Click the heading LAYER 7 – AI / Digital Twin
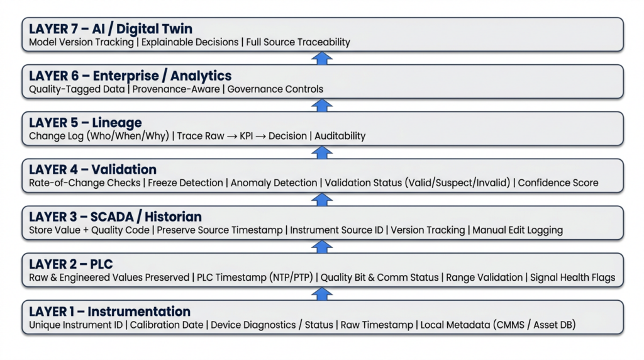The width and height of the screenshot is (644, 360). tap(111, 29)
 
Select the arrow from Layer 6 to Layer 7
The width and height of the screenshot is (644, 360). tap(322, 58)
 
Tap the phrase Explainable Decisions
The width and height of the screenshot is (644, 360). tap(190, 42)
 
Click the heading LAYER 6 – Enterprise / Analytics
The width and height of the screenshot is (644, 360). tap(130, 76)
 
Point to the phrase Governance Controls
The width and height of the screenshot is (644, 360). tap(275, 89)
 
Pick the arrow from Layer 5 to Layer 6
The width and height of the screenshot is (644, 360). tap(322, 105)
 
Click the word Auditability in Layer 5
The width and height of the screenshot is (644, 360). tap(340, 136)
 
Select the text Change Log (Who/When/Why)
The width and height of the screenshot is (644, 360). tap(99, 136)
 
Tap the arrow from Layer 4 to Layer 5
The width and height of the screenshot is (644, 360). tap(322, 152)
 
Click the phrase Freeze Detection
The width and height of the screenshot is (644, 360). tap(186, 183)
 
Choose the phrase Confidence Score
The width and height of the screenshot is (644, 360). tap(558, 183)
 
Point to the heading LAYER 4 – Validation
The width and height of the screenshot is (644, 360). tap(93, 169)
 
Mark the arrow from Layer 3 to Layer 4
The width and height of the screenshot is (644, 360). tap(322, 200)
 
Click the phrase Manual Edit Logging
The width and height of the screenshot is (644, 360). tap(518, 230)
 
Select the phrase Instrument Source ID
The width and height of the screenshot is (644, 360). tap(336, 230)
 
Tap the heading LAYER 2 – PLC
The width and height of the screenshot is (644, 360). tap(71, 264)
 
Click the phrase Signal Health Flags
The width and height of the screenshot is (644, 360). tap(572, 278)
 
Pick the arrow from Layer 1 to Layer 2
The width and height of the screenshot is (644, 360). tap(322, 294)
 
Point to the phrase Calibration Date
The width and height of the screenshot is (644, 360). tap(167, 325)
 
